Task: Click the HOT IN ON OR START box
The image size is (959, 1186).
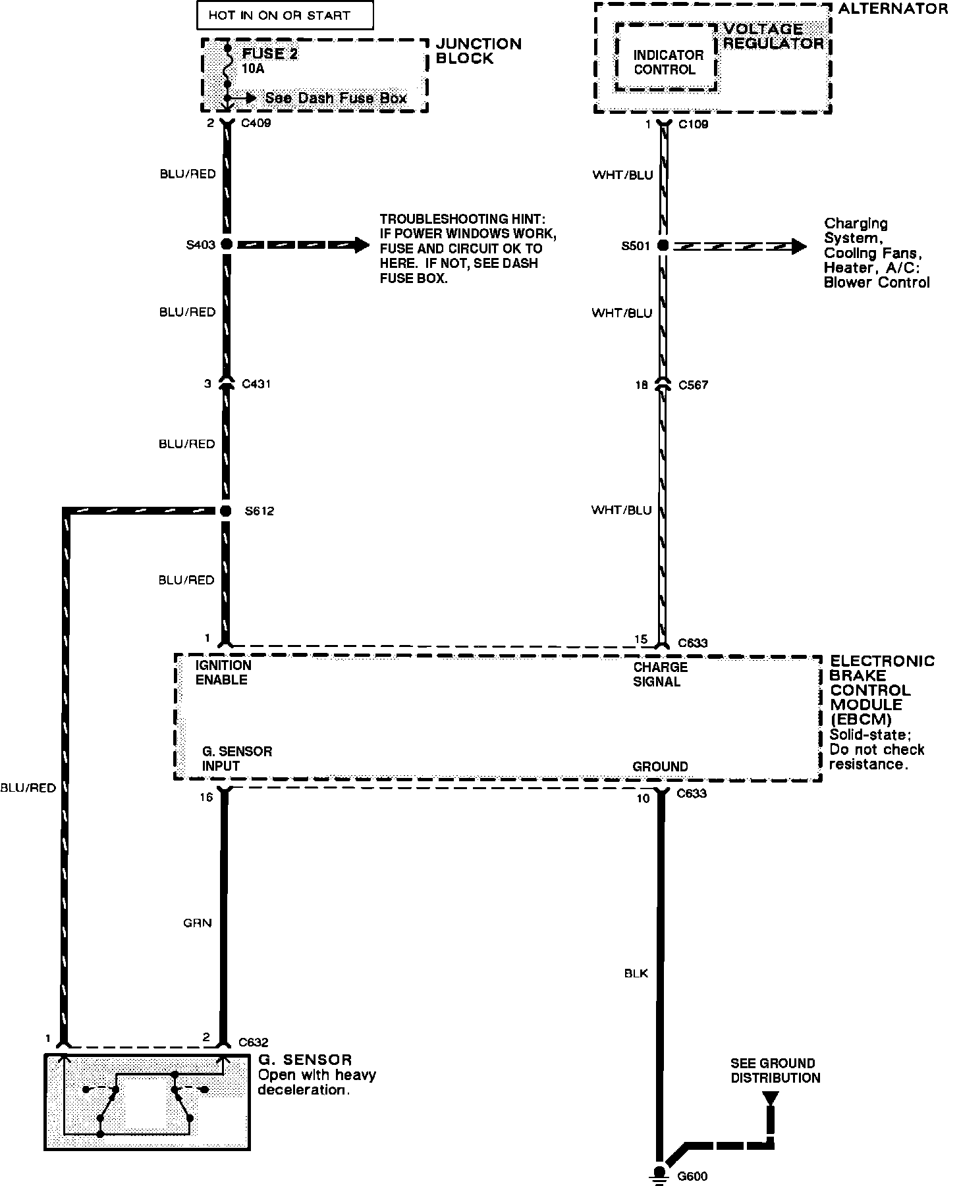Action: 285,15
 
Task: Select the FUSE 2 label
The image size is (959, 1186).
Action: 270,54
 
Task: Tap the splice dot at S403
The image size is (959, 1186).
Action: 227,244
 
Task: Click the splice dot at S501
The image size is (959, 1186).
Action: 663,245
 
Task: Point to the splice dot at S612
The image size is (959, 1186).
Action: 226,511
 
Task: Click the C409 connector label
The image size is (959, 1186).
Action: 256,123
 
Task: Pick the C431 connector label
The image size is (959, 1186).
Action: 256,384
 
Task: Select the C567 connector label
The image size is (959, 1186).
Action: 693,385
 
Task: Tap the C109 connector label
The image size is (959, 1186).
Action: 693,124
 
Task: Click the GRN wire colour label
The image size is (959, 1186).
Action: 198,923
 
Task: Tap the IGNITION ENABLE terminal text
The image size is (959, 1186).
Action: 223,673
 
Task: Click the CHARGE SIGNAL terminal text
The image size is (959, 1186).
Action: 660,674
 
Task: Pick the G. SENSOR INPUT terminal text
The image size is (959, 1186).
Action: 236,758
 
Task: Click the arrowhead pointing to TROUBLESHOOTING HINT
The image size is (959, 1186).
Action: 362,245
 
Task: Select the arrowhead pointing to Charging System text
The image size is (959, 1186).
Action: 798,246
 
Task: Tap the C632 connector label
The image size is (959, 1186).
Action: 254,1042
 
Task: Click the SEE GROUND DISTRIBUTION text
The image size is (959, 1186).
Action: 775,1071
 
